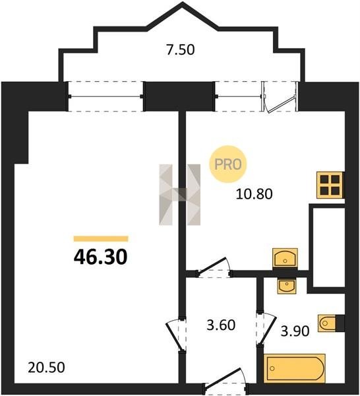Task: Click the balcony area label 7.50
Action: pos(181,49)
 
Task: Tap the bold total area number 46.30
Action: pos(101,257)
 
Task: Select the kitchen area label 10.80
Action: pos(254,194)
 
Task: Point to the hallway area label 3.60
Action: pos(221,325)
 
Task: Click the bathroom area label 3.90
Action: pos(295,331)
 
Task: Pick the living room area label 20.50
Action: pos(46,368)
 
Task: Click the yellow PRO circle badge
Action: pos(228,164)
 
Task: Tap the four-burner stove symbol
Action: pos(330,185)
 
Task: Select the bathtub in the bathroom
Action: pos(295,368)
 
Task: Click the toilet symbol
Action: pos(328,323)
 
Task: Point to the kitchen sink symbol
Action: pos(285,257)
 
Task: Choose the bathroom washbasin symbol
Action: pos(286,286)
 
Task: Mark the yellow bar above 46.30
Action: pos(101,239)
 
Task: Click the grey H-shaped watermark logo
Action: pos(179,195)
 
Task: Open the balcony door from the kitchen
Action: pos(280,96)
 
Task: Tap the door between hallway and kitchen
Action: pos(214,268)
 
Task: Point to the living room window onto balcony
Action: pos(105,96)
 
